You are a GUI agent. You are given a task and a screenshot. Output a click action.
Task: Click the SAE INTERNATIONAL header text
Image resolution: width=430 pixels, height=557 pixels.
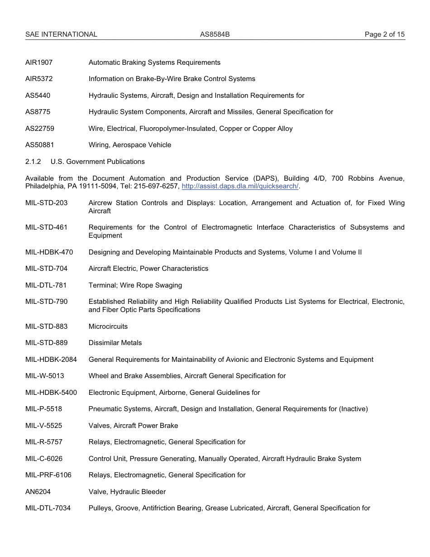[61, 34]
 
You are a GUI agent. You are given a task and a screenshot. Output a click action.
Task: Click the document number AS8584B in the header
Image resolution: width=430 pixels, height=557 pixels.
[215, 34]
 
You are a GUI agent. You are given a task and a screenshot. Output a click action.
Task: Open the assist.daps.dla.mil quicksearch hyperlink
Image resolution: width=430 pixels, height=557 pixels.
[240, 187]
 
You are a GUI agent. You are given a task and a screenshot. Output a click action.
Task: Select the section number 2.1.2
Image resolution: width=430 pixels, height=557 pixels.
[33, 162]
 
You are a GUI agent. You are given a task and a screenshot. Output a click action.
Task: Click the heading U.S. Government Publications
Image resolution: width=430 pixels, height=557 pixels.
[98, 162]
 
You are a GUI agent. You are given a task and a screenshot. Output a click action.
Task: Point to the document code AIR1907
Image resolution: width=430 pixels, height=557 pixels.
[39, 62]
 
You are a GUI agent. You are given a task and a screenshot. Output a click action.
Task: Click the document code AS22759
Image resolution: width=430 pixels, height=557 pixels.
[40, 129]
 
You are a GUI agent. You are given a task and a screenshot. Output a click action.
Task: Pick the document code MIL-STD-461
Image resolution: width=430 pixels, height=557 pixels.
[46, 227]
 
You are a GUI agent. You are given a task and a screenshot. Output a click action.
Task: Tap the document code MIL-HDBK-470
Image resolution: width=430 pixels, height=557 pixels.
[49, 252]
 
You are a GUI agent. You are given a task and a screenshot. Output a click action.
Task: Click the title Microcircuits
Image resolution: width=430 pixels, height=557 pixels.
[108, 327]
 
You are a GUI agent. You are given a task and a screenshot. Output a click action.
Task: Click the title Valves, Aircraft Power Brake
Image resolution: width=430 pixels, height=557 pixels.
[134, 426]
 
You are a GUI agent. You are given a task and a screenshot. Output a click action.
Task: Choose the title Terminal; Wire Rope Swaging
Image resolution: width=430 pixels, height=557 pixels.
[135, 285]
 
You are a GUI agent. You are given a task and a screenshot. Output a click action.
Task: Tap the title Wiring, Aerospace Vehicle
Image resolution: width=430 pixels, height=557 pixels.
[130, 145]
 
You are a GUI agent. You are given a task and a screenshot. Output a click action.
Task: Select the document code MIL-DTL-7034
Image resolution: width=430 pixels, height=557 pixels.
[48, 508]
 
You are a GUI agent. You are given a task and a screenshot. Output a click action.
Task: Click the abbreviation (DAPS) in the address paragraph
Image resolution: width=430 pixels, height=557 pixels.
[260, 178]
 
